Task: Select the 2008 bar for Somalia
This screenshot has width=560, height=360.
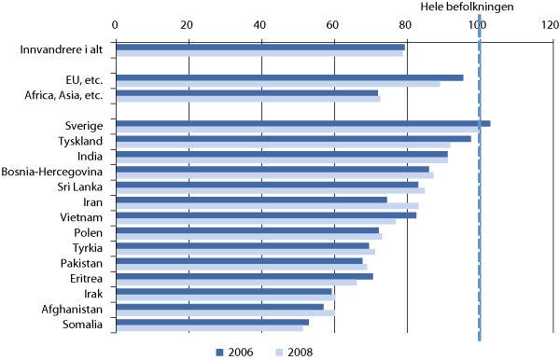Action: point(209,328)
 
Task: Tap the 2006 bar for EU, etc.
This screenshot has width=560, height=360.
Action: point(289,77)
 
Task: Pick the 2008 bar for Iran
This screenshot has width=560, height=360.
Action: point(267,206)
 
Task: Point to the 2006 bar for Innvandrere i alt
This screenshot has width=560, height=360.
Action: point(260,47)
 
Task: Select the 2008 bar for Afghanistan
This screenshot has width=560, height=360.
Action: point(225,312)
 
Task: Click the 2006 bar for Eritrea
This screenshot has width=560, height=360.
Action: point(245,276)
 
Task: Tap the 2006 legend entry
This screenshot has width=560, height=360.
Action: point(237,352)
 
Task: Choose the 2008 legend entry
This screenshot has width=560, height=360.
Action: point(293,352)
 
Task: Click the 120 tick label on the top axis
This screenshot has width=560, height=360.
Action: point(552,24)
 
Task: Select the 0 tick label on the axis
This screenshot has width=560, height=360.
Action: point(115,24)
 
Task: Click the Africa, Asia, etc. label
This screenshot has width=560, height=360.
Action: point(70,95)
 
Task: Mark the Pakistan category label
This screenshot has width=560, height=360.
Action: point(82,263)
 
